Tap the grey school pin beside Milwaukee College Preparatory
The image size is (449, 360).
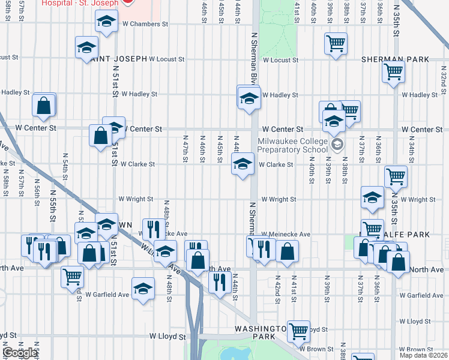[337, 143]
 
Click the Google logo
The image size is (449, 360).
[19, 353]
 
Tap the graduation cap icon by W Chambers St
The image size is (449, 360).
[106, 22]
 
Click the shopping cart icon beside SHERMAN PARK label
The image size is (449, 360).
[393, 72]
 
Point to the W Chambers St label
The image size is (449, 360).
[145, 24]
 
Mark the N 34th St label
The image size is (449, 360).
[412, 150]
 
